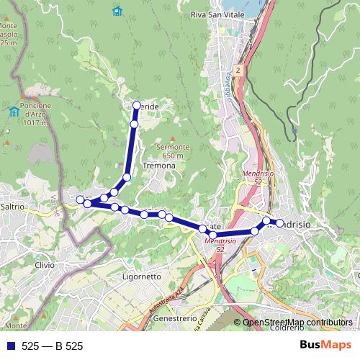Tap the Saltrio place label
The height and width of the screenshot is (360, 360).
pyautogui.click(x=13, y=207)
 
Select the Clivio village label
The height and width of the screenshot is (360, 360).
pyautogui.click(x=44, y=264)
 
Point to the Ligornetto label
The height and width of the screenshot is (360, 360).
pyautogui.click(x=142, y=276)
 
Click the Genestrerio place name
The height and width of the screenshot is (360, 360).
pyautogui.click(x=176, y=318)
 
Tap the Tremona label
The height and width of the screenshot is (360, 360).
pyautogui.click(x=159, y=166)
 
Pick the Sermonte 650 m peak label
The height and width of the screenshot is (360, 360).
pyautogui.click(x=172, y=150)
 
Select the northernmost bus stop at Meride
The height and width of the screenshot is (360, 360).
pyautogui.click(x=136, y=106)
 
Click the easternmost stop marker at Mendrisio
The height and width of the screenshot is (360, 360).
pyautogui.click(x=280, y=223)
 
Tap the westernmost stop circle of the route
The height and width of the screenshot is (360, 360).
pyautogui.click(x=80, y=199)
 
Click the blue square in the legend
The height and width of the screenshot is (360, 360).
pyautogui.click(x=9, y=346)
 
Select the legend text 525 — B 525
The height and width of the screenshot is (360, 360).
pyautogui.click(x=52, y=346)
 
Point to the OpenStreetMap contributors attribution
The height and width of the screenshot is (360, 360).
pyautogui.click(x=297, y=323)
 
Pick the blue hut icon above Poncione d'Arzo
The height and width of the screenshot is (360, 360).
pyautogui.click(x=14, y=111)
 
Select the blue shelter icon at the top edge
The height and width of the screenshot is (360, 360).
pyautogui.click(x=117, y=11)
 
